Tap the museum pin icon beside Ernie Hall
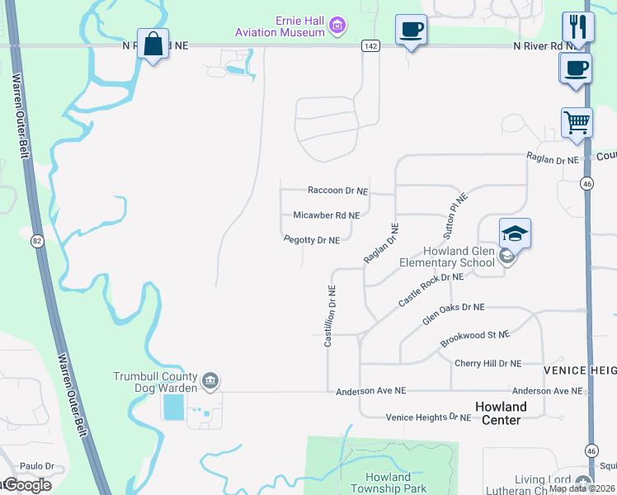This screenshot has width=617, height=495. (x=337, y=26)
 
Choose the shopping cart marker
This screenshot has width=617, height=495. (x=577, y=123)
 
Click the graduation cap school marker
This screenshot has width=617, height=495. (x=515, y=234)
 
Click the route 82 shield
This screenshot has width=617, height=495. (x=37, y=241)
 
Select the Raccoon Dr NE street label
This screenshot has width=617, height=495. (x=337, y=191)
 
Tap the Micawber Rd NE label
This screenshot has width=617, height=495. (x=327, y=215)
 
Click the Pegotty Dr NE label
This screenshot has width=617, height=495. (x=312, y=241)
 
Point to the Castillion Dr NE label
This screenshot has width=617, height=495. (x=330, y=316)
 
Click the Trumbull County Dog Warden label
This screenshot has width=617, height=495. (x=156, y=382)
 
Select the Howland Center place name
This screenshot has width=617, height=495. (x=501, y=413)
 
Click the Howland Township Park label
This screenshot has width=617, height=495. (x=388, y=483)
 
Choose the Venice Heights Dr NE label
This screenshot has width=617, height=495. (x=428, y=417)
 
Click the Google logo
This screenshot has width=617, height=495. (x=26, y=485)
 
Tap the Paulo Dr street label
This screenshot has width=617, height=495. (x=37, y=466)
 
